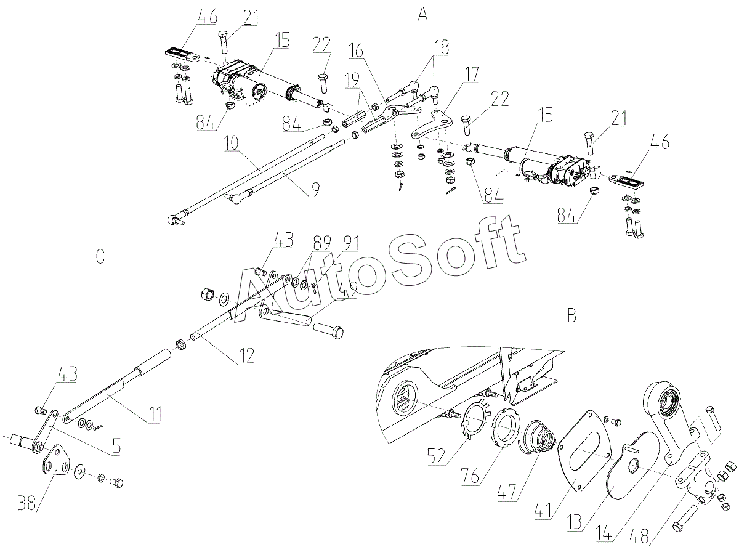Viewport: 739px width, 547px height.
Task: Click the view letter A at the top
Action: click(422, 15)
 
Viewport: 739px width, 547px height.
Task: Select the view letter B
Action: click(571, 315)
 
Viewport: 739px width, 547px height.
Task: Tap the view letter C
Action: click(100, 256)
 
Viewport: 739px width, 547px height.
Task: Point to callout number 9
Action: click(315, 190)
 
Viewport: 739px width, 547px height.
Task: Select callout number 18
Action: click(440, 47)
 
